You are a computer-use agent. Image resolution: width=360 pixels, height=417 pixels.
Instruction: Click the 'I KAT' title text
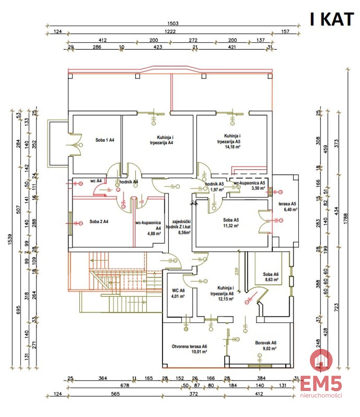332,19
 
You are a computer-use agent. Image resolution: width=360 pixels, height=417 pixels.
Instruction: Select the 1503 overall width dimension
173,24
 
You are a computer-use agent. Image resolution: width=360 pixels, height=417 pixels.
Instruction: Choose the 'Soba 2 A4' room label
99,221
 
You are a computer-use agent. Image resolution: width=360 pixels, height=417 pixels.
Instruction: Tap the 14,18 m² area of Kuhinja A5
233,147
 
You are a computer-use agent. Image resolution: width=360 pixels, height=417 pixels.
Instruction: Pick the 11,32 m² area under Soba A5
230,226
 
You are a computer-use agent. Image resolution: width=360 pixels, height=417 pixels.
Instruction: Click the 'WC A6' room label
178,291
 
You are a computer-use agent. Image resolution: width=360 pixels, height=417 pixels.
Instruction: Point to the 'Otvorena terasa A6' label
189,346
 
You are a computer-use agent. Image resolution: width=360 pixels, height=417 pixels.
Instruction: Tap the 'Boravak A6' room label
265,343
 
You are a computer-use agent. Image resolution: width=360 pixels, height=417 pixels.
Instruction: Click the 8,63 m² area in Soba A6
271,279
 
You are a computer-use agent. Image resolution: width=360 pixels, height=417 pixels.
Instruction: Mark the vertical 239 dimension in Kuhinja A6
236,271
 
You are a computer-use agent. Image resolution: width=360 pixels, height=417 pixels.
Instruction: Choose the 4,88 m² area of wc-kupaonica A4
153,234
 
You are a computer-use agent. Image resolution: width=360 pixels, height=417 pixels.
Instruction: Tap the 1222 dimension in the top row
170,32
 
